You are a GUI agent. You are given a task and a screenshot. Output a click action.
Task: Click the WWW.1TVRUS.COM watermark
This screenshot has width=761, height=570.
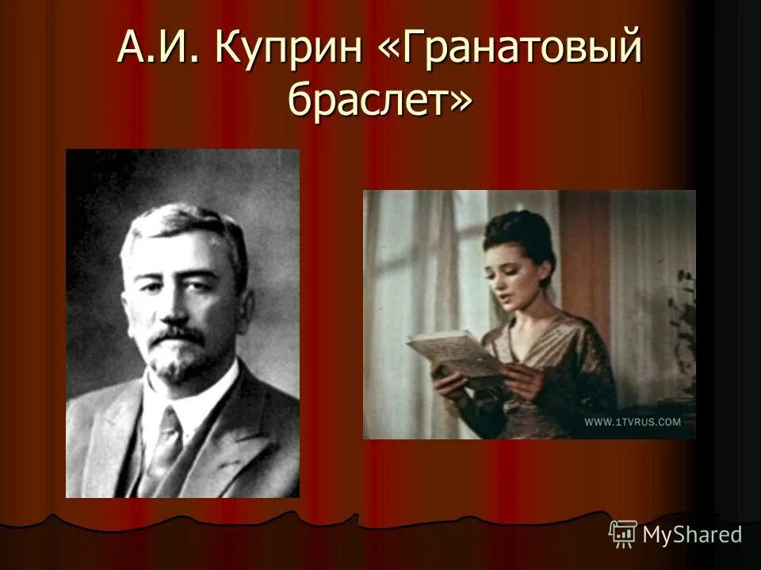pyautogui.click(x=633, y=422)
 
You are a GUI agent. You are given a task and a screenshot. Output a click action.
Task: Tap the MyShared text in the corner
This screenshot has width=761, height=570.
pyautogui.click(x=692, y=534)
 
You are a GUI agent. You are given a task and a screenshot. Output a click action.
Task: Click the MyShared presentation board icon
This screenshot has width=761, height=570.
pyautogui.click(x=623, y=534)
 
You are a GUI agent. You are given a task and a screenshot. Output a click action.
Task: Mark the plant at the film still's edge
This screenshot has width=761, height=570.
pyautogui.click(x=682, y=317)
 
